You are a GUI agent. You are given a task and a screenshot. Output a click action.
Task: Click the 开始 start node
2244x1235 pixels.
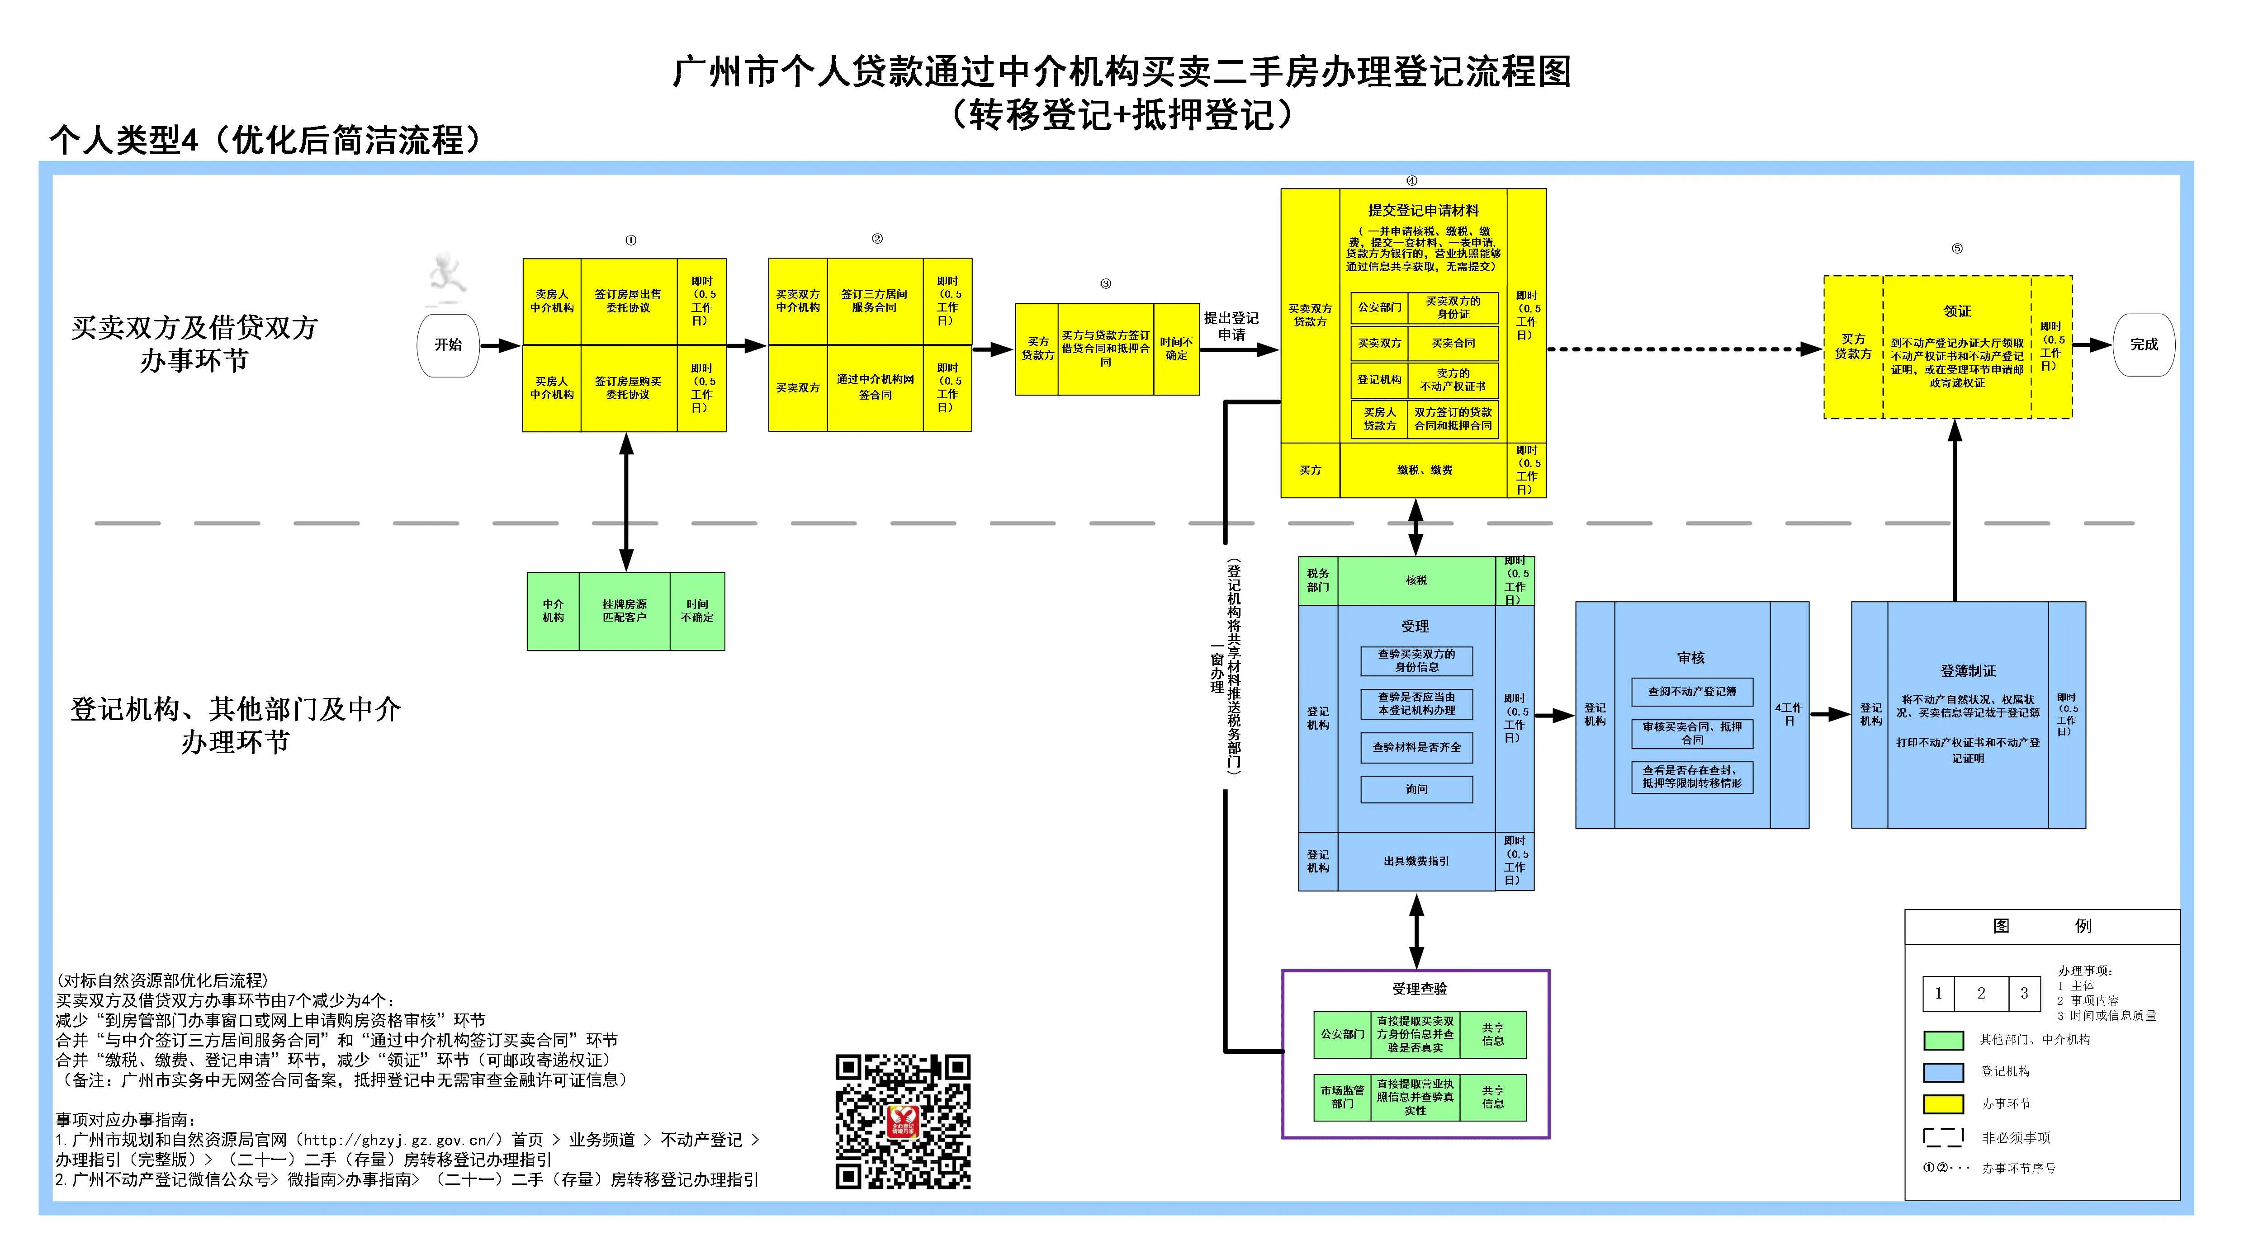[x=449, y=345]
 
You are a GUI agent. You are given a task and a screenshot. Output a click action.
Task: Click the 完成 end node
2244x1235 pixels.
[x=2144, y=345]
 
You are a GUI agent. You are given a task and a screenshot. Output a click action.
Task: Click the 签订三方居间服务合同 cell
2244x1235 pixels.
[x=875, y=302]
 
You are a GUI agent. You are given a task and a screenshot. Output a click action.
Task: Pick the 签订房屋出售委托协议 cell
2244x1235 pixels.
[x=628, y=302]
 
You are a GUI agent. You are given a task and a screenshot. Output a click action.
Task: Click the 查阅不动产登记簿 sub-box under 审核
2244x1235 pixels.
[x=1692, y=692]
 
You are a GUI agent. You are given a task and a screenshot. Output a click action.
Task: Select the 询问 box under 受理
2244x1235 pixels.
[x=1416, y=789]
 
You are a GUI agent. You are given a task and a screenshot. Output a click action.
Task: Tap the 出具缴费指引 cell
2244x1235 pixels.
[x=1416, y=861]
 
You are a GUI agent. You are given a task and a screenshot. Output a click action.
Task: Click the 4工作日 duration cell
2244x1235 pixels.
[x=1790, y=714]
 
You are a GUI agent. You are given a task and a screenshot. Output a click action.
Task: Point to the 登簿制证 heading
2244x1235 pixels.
[x=1968, y=671]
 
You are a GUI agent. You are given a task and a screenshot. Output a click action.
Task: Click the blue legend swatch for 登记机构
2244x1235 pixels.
[x=1943, y=1072]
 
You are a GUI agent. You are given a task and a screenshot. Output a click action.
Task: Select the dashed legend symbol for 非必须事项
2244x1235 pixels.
[x=1943, y=1137]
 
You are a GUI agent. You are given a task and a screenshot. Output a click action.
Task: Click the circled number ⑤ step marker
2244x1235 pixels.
[x=1957, y=249]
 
